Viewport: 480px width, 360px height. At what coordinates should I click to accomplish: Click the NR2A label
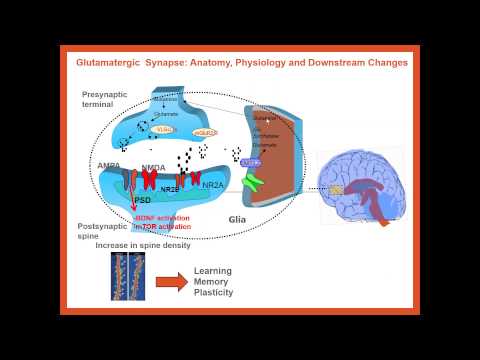coord(212,185)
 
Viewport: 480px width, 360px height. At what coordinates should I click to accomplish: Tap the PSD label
coord(142,200)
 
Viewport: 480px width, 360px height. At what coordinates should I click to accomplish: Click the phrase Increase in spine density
coord(137,245)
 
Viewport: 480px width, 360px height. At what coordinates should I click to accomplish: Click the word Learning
coord(213,271)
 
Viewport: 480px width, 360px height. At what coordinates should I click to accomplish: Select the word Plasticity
coord(213,295)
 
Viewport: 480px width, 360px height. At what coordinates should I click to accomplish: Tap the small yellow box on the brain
coord(336,189)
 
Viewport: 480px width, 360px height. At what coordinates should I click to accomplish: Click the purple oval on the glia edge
coord(249,162)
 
